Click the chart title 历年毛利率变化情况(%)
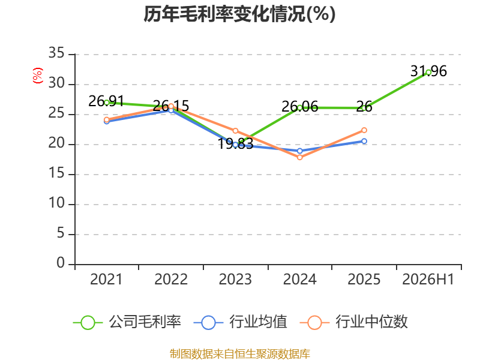pyautogui.click(x=239, y=14)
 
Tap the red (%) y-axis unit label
pyautogui.click(x=38, y=76)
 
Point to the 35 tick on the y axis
pyautogui.click(x=56, y=53)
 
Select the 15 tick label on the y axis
pyautogui.click(x=56, y=173)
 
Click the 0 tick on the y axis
pyautogui.click(x=61, y=263)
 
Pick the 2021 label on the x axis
pyautogui.click(x=106, y=279)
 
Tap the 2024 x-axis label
pyautogui.click(x=299, y=279)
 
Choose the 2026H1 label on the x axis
pyautogui.click(x=428, y=279)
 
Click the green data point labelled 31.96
pyautogui.click(x=428, y=73)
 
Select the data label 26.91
pyautogui.click(x=106, y=101)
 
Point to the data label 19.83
pyautogui.click(x=235, y=143)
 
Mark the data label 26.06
pyautogui.click(x=299, y=107)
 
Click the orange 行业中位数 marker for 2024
pyautogui.click(x=299, y=157)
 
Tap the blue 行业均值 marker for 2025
pyautogui.click(x=364, y=141)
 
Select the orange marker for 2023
pyautogui.click(x=235, y=131)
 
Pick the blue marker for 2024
pyautogui.click(x=299, y=151)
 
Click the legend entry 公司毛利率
pyautogui.click(x=127, y=322)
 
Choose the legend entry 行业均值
pyautogui.click(x=241, y=322)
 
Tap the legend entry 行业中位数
pyautogui.click(x=353, y=322)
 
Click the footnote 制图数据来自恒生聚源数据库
pyautogui.click(x=239, y=354)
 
